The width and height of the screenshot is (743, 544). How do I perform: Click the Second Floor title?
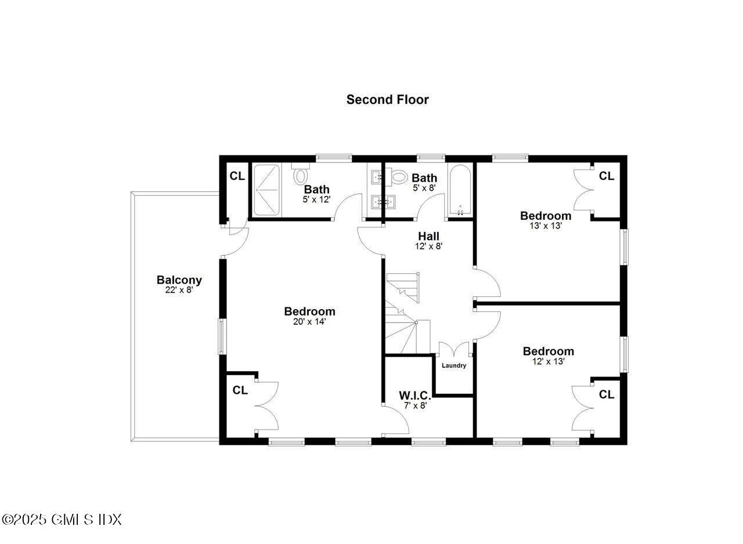click(387, 99)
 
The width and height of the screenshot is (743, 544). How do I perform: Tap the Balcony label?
click(179, 280)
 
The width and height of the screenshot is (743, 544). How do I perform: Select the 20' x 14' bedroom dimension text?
click(309, 321)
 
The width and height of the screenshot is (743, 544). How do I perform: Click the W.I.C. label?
click(414, 396)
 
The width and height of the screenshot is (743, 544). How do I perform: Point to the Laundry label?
click(454, 365)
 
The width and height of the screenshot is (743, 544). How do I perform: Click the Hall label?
click(428, 236)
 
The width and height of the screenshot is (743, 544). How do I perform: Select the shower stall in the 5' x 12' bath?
click(266, 190)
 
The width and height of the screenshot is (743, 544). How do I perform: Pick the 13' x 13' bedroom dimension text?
click(545, 226)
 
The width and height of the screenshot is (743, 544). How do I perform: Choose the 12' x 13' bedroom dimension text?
click(548, 361)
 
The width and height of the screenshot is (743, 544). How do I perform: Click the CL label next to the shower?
click(237, 176)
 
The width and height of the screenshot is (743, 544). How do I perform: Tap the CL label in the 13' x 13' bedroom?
click(607, 176)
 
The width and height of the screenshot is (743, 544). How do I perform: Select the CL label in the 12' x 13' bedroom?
click(607, 394)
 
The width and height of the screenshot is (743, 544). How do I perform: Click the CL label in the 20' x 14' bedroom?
click(240, 390)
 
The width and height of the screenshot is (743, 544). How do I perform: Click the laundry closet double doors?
click(454, 350)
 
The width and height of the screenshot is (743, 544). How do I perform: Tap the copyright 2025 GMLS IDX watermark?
click(62, 519)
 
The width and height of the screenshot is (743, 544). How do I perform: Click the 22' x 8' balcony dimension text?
click(179, 290)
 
